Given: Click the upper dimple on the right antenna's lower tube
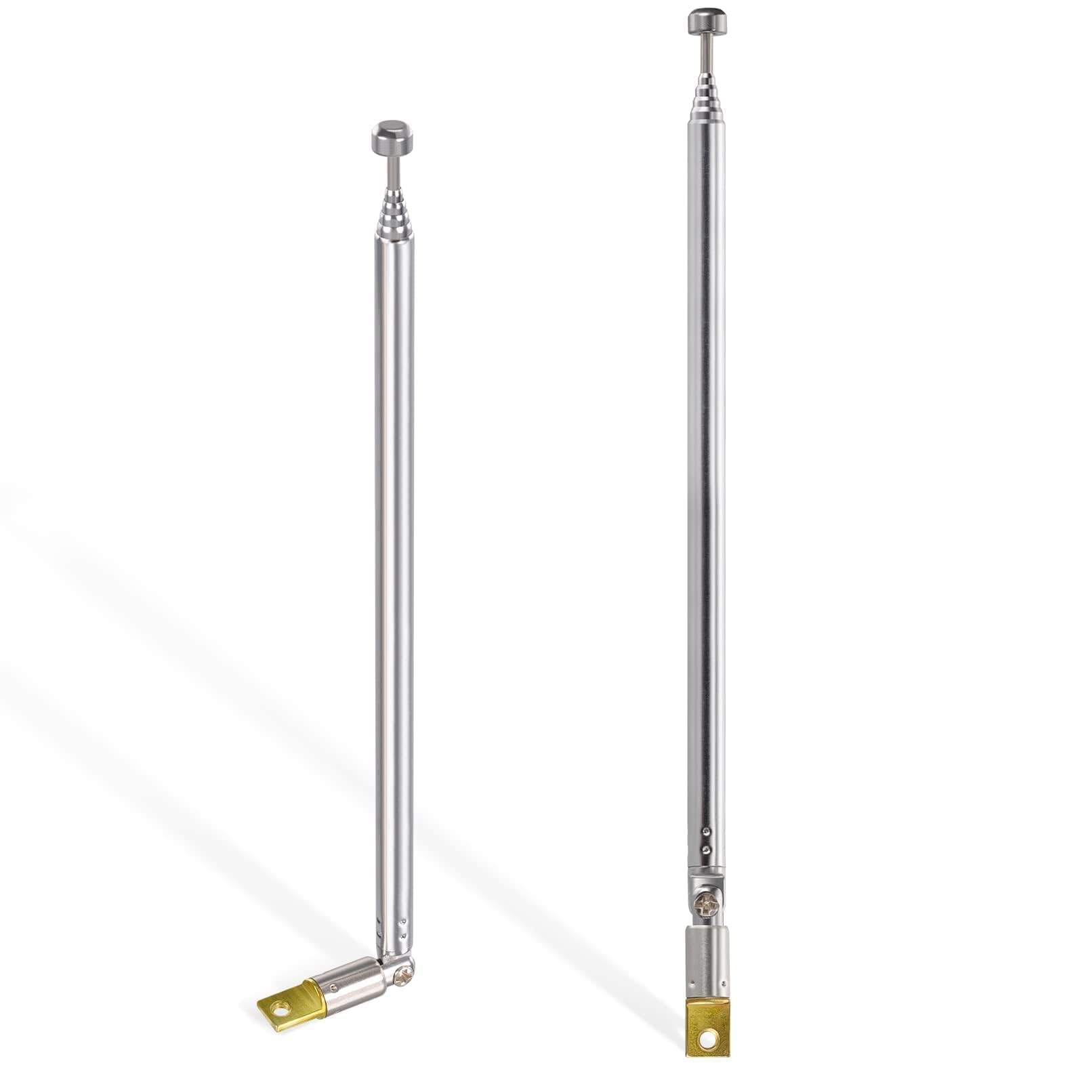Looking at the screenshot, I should (707, 831).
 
